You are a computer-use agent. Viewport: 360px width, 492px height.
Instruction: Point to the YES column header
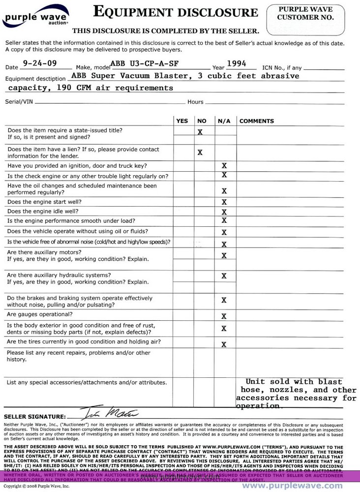tap(182, 121)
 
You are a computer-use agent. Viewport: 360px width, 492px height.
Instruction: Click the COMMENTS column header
tap(256, 121)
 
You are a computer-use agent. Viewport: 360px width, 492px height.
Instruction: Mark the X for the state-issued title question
tap(200, 132)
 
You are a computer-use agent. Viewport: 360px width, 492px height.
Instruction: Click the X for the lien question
tap(200, 153)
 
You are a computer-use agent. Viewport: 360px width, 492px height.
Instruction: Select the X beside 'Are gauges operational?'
tap(224, 316)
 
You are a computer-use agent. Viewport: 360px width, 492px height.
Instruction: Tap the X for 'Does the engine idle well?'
tap(224, 212)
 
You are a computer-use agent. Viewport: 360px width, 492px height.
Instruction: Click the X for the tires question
tap(224, 344)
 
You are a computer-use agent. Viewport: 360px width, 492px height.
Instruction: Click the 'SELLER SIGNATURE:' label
tap(34, 417)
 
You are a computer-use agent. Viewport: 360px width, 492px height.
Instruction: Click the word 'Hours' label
tap(195, 102)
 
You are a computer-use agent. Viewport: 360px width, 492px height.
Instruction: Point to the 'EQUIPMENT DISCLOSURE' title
tap(175, 12)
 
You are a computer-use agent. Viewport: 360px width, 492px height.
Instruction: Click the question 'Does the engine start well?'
tap(44, 202)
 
